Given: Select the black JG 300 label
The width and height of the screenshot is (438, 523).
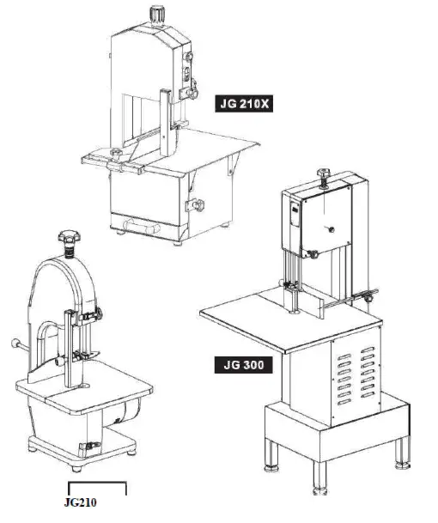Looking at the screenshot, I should (x=241, y=365).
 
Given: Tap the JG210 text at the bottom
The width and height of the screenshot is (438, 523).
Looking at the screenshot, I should (x=82, y=503).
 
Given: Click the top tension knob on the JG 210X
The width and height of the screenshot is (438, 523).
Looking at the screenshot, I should (x=157, y=15).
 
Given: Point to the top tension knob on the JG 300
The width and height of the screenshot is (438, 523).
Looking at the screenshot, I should (x=325, y=174).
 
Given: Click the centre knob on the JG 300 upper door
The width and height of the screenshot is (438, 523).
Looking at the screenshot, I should (x=327, y=230).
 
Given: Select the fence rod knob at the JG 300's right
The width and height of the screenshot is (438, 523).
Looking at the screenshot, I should (x=368, y=298).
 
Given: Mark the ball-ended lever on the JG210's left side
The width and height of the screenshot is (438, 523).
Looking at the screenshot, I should (x=15, y=344).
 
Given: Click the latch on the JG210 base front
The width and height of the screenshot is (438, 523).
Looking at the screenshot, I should (x=88, y=445).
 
